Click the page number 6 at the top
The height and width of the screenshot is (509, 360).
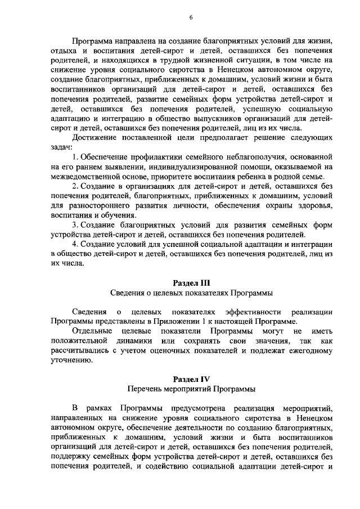191,17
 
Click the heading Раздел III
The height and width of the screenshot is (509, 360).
191,282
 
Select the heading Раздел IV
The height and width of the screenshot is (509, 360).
191,379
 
